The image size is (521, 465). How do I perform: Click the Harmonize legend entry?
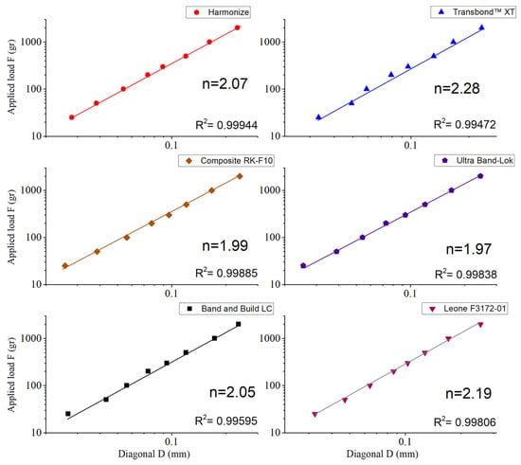(x=218, y=12)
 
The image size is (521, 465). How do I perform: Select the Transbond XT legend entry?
(x=473, y=12)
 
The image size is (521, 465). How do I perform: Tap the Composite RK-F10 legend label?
(x=226, y=161)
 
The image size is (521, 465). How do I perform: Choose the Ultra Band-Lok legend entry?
(x=475, y=161)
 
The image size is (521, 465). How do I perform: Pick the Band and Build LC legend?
(x=226, y=309)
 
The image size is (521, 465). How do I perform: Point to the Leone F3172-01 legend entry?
(x=465, y=309)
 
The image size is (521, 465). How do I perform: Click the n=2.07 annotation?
(x=225, y=83)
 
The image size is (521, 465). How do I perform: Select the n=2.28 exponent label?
(x=457, y=88)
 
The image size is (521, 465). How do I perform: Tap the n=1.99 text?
(x=225, y=246)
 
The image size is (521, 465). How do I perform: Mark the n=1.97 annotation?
(x=469, y=249)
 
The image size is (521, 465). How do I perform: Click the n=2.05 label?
(x=232, y=392)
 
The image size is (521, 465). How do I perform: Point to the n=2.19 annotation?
(x=468, y=394)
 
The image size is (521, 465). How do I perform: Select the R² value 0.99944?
(x=226, y=125)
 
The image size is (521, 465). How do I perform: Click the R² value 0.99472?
(x=465, y=124)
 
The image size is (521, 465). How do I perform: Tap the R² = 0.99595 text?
(x=226, y=420)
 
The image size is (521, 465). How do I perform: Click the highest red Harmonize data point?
(x=237, y=27)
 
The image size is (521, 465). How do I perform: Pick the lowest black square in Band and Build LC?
(x=68, y=414)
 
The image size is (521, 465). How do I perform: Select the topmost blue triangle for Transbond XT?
(x=482, y=27)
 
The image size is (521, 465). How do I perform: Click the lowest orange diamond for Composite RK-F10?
(x=65, y=266)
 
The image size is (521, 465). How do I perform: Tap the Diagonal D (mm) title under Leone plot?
(x=382, y=454)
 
